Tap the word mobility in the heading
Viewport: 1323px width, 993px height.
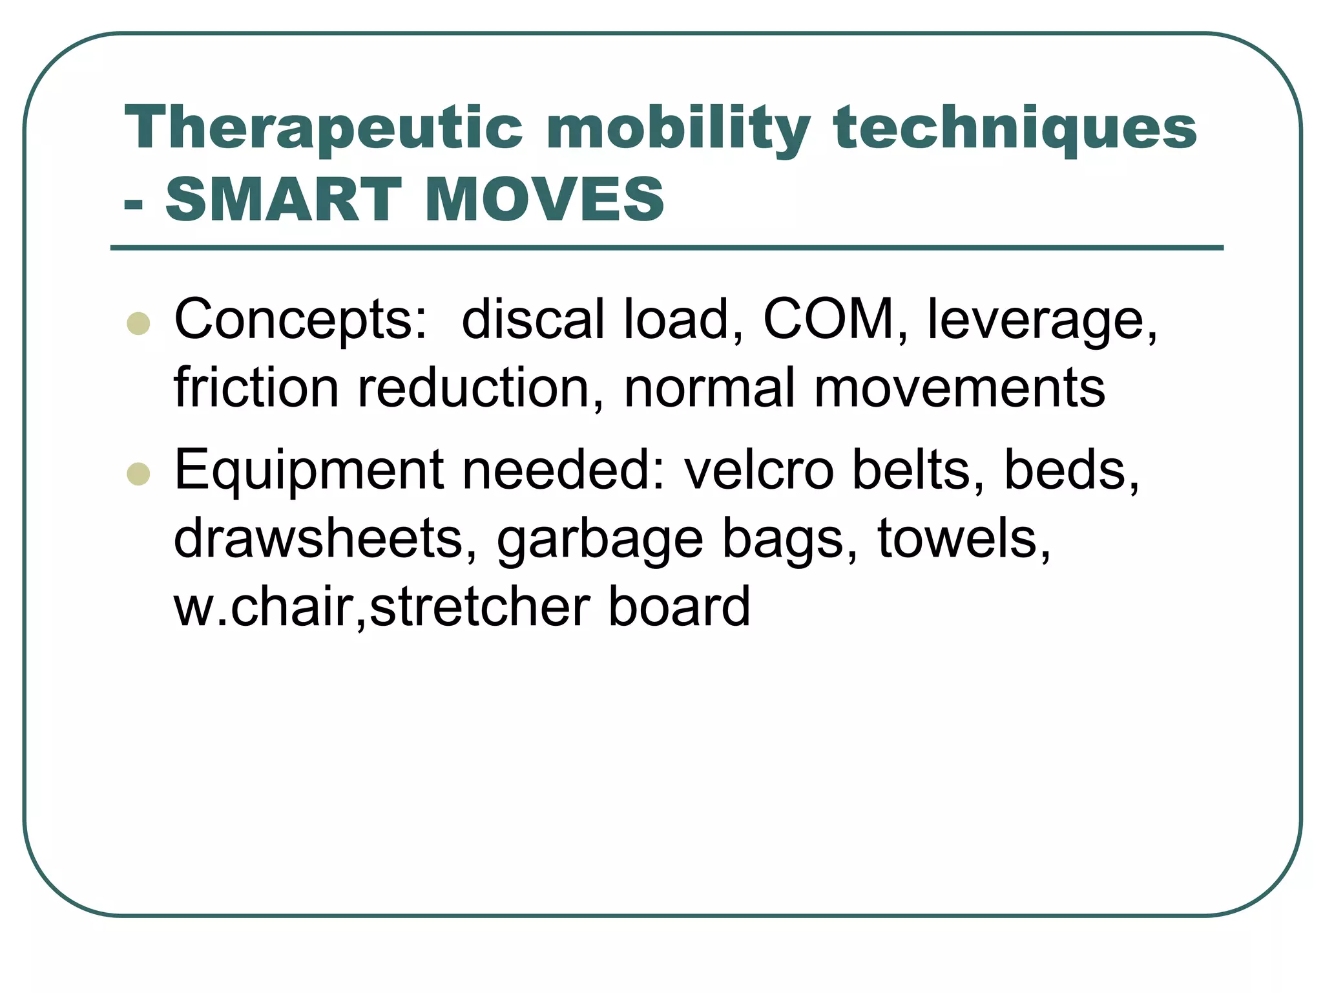click(678, 129)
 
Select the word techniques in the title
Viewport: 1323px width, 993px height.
click(1015, 129)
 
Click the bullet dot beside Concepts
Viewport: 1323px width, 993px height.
click(139, 323)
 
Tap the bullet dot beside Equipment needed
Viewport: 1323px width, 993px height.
click(139, 474)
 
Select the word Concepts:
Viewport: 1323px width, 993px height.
click(300, 320)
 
